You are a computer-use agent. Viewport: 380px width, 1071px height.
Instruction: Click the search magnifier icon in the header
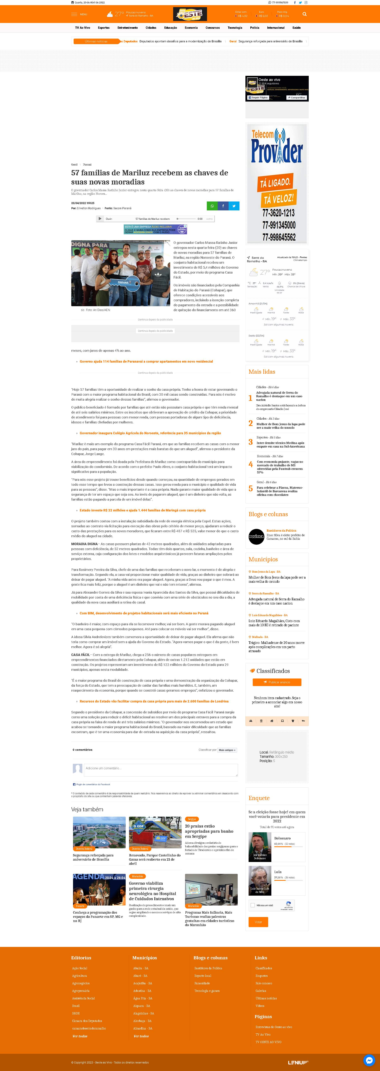click(x=304, y=14)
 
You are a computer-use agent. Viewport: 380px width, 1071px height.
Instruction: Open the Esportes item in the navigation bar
click(x=104, y=28)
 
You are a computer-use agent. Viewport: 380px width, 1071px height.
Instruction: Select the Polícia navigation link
click(x=255, y=28)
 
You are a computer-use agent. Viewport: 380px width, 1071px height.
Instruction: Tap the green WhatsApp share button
click(x=212, y=206)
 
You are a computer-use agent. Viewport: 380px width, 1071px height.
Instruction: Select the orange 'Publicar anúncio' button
click(x=277, y=682)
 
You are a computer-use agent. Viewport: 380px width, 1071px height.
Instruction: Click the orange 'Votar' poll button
click(x=258, y=922)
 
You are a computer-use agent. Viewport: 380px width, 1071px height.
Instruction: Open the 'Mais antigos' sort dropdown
click(x=227, y=750)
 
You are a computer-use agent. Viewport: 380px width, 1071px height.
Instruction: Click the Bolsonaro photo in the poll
click(x=260, y=846)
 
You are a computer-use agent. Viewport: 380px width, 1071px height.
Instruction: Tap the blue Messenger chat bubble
click(x=369, y=1060)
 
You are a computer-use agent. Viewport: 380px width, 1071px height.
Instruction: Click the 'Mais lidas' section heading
click(x=262, y=372)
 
